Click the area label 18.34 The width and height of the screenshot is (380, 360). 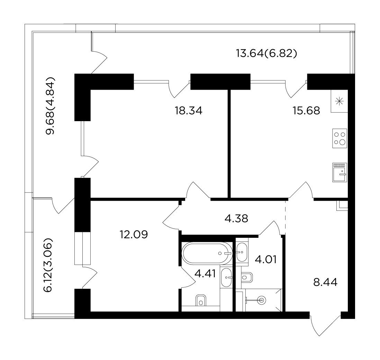click(x=189, y=111)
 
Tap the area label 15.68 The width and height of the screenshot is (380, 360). click(x=306, y=111)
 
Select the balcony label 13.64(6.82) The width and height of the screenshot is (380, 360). click(x=266, y=53)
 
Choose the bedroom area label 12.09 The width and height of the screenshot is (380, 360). click(x=134, y=234)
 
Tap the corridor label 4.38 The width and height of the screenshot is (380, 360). click(x=236, y=219)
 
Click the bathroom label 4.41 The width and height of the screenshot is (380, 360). click(x=205, y=274)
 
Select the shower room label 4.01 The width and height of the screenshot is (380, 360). click(x=266, y=259)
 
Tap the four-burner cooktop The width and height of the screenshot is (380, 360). click(x=340, y=138)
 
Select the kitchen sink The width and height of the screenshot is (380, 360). click(x=340, y=172)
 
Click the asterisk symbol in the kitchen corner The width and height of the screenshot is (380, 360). click(x=339, y=101)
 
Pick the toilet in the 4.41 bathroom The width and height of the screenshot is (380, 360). click(x=201, y=300)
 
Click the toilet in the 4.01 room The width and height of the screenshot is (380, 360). click(x=247, y=277)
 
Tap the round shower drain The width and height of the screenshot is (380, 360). click(x=262, y=300)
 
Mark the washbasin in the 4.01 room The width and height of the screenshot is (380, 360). click(x=242, y=252)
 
